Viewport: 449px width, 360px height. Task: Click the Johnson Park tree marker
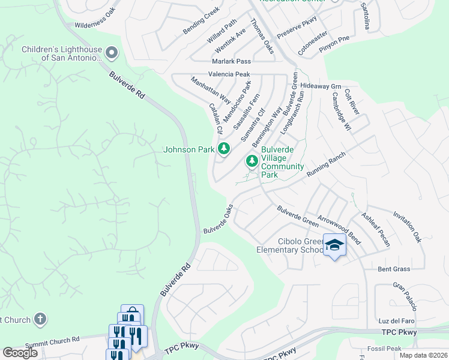point(224,148)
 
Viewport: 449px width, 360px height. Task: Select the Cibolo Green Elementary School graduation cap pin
point(334,245)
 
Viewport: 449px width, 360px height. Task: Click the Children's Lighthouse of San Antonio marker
point(111,53)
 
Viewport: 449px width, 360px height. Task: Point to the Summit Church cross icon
point(40,319)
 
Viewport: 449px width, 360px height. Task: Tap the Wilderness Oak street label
point(95,20)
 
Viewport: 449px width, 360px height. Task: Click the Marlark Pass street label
point(231,61)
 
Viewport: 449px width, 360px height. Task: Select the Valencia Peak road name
point(229,74)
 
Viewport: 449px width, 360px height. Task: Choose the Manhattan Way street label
point(211,89)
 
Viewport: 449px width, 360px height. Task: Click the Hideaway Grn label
point(321,86)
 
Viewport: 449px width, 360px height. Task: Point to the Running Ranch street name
point(327,163)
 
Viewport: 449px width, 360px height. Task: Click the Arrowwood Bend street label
point(339,231)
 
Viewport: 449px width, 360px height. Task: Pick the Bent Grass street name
point(394,269)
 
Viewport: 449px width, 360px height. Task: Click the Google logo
point(20,353)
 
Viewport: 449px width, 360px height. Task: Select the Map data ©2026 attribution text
point(423,355)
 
